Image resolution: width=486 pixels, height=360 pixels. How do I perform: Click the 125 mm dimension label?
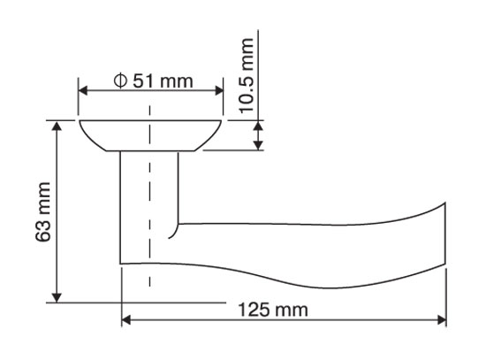(x=273, y=310)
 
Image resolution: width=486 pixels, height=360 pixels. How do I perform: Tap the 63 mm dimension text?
(x=42, y=212)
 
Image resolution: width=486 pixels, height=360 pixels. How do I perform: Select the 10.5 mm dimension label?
(x=247, y=75)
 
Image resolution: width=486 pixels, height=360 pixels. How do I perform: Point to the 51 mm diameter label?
(x=154, y=81)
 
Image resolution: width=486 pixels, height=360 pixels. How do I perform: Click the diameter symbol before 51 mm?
(x=120, y=81)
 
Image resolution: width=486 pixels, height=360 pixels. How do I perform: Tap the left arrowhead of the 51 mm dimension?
(x=83, y=91)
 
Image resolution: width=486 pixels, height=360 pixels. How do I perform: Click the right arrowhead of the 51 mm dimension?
(x=219, y=91)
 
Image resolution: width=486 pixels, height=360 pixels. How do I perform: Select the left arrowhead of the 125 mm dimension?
(x=125, y=319)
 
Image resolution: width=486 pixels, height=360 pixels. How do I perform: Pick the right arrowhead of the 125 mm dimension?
(x=442, y=319)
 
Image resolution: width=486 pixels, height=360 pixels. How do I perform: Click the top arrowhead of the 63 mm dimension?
(x=57, y=126)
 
